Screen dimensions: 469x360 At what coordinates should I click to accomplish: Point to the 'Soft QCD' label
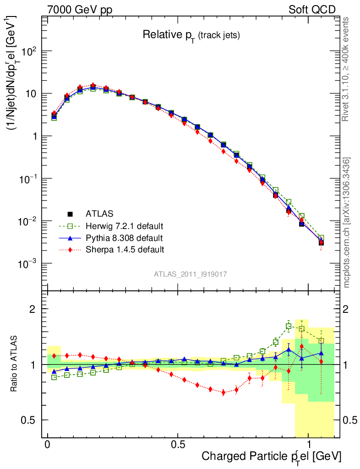point(312,9)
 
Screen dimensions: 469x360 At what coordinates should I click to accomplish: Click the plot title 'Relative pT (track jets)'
point(191,35)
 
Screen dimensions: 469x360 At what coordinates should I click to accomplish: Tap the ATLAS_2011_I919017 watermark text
point(191,274)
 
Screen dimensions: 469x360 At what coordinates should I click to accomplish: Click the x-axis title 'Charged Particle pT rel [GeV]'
point(271,456)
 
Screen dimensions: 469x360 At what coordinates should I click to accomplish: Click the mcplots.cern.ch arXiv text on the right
point(347,222)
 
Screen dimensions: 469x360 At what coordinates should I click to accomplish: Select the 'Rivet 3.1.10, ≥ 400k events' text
point(347,69)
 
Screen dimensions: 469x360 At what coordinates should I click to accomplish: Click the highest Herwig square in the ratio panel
point(289,327)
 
